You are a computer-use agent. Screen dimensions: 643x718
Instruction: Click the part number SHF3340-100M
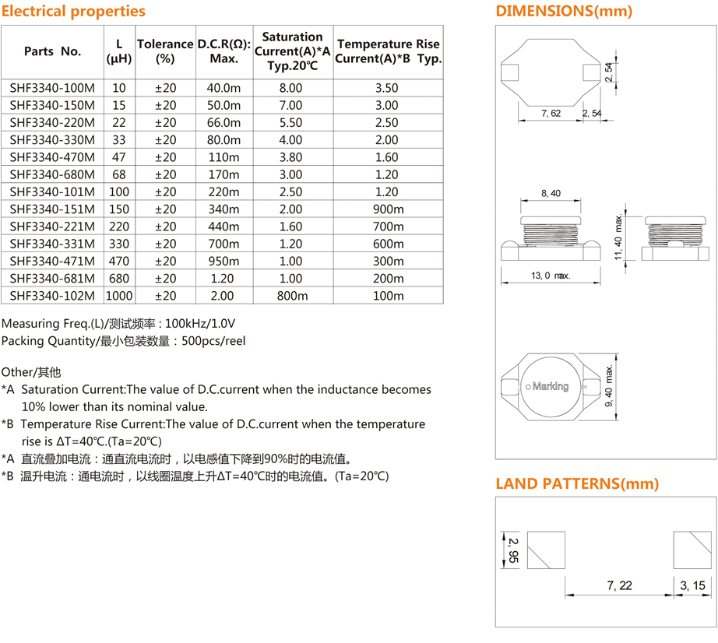click(x=52, y=88)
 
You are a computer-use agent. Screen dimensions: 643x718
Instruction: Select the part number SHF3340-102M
click(x=52, y=296)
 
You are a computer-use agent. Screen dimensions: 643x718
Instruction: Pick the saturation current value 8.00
click(x=290, y=88)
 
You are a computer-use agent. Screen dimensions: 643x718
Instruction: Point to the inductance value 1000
click(x=119, y=296)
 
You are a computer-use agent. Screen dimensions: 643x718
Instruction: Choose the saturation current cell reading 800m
click(x=290, y=296)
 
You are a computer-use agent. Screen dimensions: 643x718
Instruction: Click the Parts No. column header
click(x=52, y=51)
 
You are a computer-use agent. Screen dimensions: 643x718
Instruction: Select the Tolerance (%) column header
click(x=165, y=51)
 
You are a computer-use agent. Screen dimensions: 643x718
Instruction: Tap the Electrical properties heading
click(x=73, y=11)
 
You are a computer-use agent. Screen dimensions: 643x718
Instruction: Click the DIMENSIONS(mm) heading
click(x=564, y=11)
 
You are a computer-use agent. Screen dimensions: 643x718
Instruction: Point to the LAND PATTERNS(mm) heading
click(x=577, y=483)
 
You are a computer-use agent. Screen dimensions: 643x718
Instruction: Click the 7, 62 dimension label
click(x=551, y=114)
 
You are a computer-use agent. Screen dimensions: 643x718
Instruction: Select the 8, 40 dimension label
click(x=550, y=194)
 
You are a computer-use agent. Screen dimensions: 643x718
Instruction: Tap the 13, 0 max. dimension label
click(x=551, y=276)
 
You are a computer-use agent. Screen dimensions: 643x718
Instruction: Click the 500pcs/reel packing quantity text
click(x=213, y=341)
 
